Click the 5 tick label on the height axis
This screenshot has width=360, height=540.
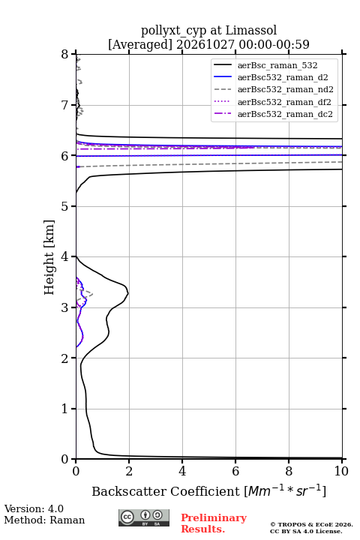tap(64, 206)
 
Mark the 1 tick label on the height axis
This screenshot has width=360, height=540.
tap(64, 409)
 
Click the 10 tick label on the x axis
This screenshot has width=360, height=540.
tap(341, 471)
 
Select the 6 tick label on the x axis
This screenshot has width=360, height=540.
tap(235, 471)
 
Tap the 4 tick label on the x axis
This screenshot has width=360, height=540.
tap(182, 471)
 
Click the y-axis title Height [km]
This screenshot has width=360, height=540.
tap(49, 257)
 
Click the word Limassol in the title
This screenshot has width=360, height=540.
tap(251, 31)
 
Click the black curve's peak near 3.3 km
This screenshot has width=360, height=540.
tap(128, 293)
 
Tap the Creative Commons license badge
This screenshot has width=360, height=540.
tap(144, 518)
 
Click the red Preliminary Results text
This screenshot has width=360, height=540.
tap(214, 523)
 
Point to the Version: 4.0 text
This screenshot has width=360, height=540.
tap(34, 508)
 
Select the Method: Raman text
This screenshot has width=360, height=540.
tap(44, 520)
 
